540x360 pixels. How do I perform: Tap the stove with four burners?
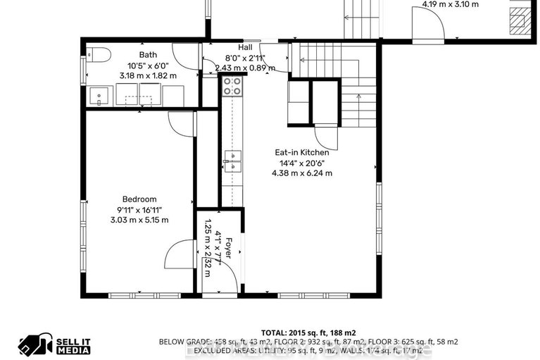pyautogui.click(x=232, y=86)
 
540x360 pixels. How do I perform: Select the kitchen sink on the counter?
pyautogui.click(x=232, y=161)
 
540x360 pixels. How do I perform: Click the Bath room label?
pyautogui.click(x=148, y=55)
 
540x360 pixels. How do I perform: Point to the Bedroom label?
pyautogui.click(x=139, y=199)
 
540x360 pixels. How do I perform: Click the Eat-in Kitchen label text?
pyautogui.click(x=301, y=152)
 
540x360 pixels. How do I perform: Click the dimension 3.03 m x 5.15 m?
pyautogui.click(x=139, y=220)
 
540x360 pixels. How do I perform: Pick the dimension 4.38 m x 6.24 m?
pyautogui.click(x=301, y=173)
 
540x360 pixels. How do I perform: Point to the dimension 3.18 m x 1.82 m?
pyautogui.click(x=148, y=75)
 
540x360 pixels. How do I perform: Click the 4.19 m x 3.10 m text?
pyautogui.click(x=450, y=4)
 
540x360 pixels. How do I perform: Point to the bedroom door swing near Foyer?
pyautogui.click(x=180, y=254)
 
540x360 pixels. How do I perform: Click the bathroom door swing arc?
pyautogui.click(x=187, y=56)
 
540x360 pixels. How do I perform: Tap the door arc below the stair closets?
pyautogui.click(x=326, y=137)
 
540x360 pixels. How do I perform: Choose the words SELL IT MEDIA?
pyautogui.click(x=73, y=343)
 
